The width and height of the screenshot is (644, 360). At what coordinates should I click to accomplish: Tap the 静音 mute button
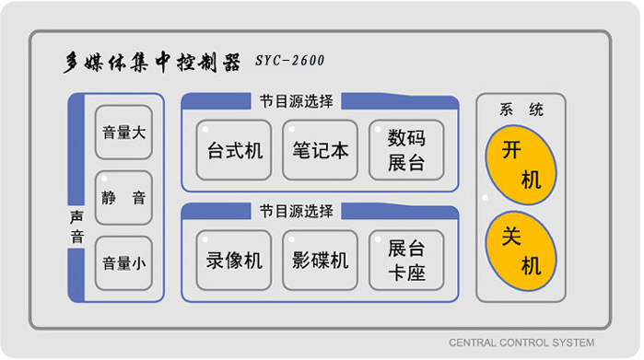coord(123,198)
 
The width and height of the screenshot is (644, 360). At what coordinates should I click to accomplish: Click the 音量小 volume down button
coord(123,262)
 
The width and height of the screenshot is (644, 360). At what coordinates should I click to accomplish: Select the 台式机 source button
coord(234,150)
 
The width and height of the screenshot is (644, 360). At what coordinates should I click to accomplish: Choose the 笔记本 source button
coord(320,150)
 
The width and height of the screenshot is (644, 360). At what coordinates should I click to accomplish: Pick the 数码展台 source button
coord(406,150)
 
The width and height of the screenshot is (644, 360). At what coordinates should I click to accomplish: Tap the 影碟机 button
coord(320,261)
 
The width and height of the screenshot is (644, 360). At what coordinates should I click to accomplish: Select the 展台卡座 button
coord(406,261)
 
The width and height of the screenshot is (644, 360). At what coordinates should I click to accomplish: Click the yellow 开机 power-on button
coord(521,165)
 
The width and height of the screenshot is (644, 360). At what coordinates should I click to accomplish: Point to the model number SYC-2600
coord(289,62)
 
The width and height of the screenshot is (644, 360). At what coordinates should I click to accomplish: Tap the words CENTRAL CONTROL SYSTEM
coord(521,343)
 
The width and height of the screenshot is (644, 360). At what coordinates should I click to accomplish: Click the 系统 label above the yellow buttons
coord(521,110)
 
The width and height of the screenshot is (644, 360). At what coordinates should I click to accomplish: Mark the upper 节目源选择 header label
coord(296,101)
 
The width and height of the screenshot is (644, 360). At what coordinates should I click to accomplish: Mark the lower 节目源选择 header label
coord(296,212)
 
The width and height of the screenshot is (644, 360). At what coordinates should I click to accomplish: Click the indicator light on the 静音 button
coord(105,178)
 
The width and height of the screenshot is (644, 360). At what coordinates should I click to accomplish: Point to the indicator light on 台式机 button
coord(206,128)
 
